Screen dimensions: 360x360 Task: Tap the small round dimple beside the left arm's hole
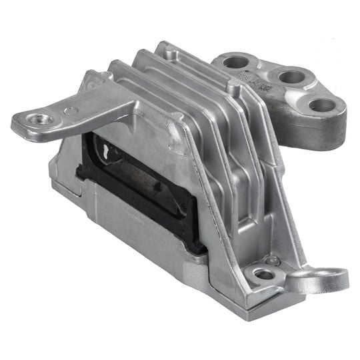tap(69, 111)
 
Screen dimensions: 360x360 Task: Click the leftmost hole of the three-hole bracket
tap(236, 63)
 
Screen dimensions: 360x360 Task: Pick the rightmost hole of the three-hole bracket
tap(321, 105)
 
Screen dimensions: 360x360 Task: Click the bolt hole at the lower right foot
tap(264, 273)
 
